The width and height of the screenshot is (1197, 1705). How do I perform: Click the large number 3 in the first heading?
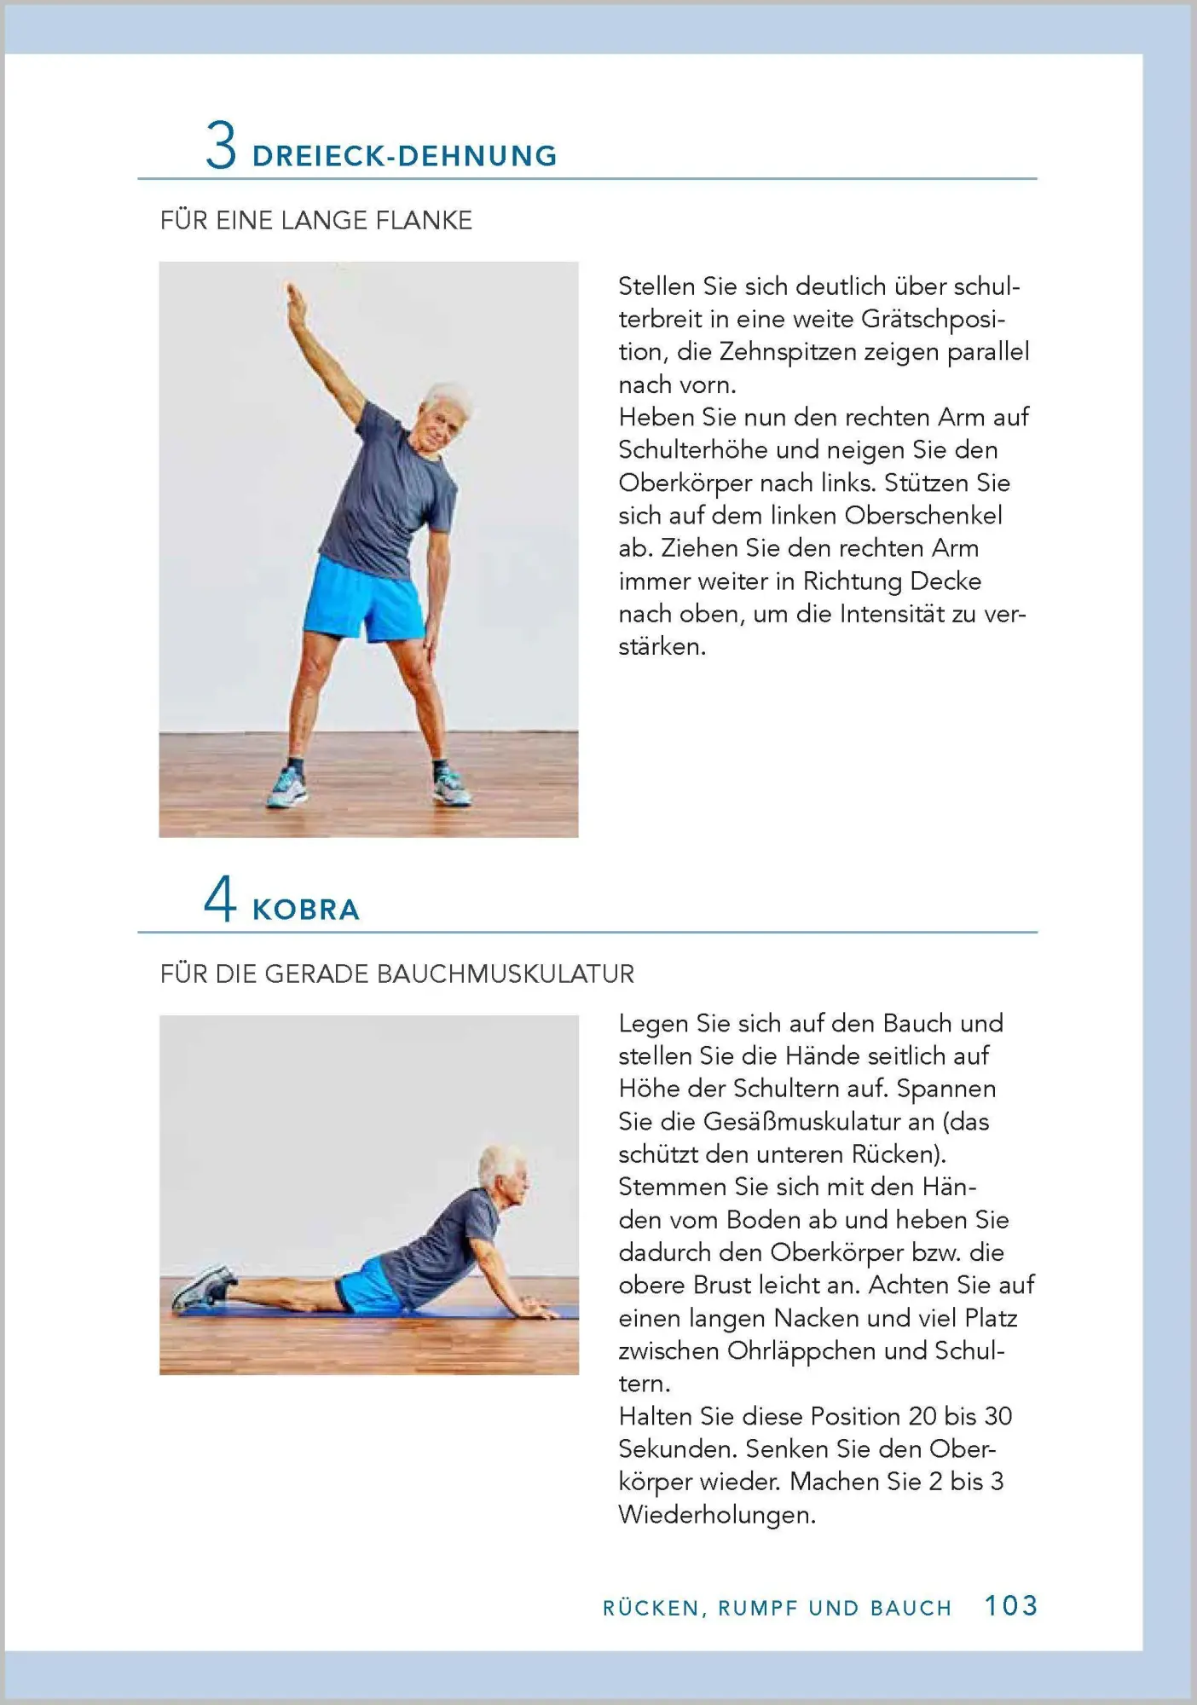pyautogui.click(x=221, y=146)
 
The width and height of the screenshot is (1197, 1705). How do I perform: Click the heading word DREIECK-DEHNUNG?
pyautogui.click(x=405, y=156)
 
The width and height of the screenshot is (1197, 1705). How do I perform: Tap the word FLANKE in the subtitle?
pyautogui.click(x=424, y=220)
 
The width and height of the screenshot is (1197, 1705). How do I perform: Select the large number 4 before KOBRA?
pyautogui.click(x=220, y=899)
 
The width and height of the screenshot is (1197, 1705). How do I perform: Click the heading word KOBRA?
pyautogui.click(x=306, y=910)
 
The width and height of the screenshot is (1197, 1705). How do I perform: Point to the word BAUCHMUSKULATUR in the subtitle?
pyautogui.click(x=506, y=974)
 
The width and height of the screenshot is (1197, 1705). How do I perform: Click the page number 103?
pyautogui.click(x=1011, y=1606)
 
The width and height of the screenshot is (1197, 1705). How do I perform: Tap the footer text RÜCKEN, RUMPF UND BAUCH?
pyautogui.click(x=777, y=1608)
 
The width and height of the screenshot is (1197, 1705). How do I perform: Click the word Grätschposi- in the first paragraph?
pyautogui.click(x=934, y=319)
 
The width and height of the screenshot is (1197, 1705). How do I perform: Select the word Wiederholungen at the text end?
pyautogui.click(x=717, y=1515)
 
